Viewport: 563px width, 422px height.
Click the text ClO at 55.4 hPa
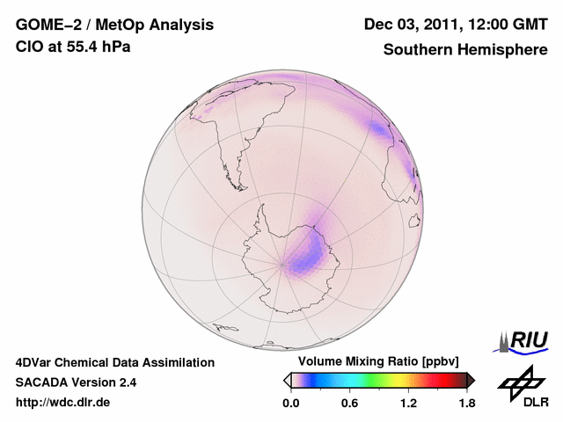(x=73, y=47)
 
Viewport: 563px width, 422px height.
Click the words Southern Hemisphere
(x=465, y=49)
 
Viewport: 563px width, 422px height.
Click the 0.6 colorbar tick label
(x=349, y=404)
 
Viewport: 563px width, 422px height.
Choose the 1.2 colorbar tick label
(x=408, y=404)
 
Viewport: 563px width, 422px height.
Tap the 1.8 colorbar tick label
(x=466, y=404)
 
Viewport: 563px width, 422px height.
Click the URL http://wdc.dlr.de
(x=63, y=403)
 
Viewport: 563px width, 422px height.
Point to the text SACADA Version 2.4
(x=76, y=382)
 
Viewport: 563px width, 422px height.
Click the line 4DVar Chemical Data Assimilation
(x=114, y=362)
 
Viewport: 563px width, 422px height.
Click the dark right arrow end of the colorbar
(x=471, y=380)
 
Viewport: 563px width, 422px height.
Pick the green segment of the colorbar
(x=378, y=380)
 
